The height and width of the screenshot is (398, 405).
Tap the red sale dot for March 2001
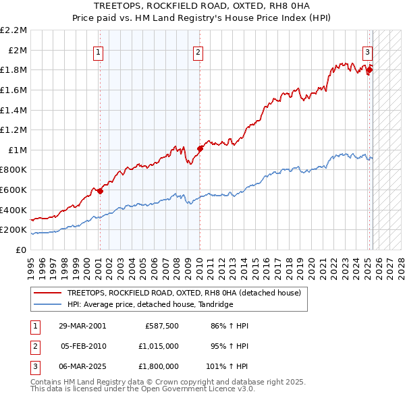click(x=100, y=191)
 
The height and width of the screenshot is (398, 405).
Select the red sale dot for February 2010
click(x=200, y=148)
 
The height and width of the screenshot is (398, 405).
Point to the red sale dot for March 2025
click(x=370, y=69)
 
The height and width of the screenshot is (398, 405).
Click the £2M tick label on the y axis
click(x=18, y=50)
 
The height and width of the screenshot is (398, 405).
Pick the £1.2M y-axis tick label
click(x=16, y=130)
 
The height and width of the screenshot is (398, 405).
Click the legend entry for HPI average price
click(x=150, y=304)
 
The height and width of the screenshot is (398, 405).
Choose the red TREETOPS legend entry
click(x=188, y=292)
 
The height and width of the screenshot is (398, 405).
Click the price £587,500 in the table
click(x=161, y=326)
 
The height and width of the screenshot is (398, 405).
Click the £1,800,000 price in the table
click(x=159, y=366)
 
